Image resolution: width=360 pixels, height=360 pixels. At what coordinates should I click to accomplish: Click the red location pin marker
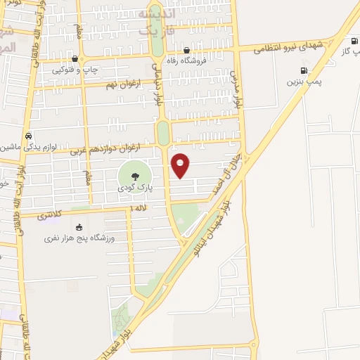coord(181,165)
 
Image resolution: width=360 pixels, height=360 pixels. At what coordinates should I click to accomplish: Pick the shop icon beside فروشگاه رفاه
coord(186,51)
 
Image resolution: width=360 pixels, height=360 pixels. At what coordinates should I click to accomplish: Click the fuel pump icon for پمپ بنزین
coord(304,70)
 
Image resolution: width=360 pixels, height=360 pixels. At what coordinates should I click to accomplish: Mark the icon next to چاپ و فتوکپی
coord(76,59)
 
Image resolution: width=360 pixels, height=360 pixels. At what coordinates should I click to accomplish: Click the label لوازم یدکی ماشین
coord(27,146)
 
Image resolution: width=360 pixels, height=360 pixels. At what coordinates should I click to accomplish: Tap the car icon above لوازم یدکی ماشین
coord(27,136)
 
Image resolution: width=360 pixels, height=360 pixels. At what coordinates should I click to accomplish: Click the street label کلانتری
coord(52,212)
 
